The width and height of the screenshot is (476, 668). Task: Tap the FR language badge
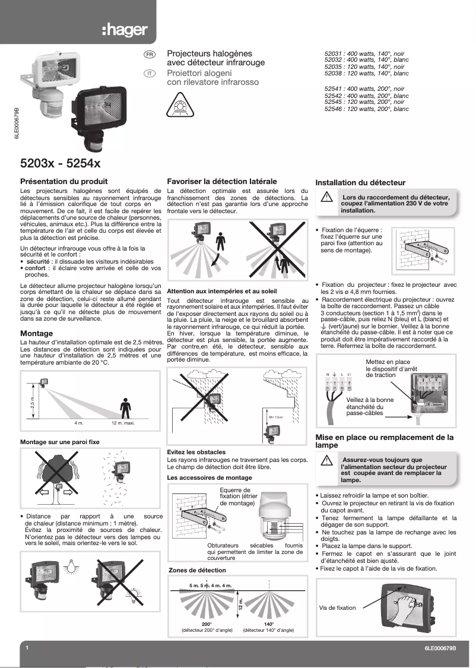pyautogui.click(x=150, y=55)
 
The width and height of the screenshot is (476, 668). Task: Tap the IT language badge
pyautogui.click(x=150, y=73)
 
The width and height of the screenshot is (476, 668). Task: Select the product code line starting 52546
pyautogui.click(x=366, y=109)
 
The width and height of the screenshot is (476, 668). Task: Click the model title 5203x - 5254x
pyautogui.click(x=60, y=162)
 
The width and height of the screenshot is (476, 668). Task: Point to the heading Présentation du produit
pyautogui.click(x=64, y=181)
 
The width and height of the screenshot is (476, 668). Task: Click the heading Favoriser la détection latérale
pyautogui.click(x=222, y=181)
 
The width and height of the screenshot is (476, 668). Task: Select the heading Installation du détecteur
pyautogui.click(x=360, y=183)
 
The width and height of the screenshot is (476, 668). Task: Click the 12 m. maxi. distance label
pyautogui.click(x=124, y=423)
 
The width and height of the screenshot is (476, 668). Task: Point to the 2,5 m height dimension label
pyautogui.click(x=33, y=404)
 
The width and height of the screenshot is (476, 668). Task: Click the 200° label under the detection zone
pyautogui.click(x=207, y=624)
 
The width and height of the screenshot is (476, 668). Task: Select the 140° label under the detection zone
pyautogui.click(x=269, y=624)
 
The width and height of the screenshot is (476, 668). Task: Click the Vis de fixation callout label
pyautogui.click(x=337, y=607)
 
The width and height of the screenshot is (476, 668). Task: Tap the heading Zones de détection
pyautogui.click(x=197, y=570)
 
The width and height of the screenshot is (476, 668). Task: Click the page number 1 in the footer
pyautogui.click(x=27, y=648)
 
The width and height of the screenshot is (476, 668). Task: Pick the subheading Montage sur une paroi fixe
pyautogui.click(x=59, y=442)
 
